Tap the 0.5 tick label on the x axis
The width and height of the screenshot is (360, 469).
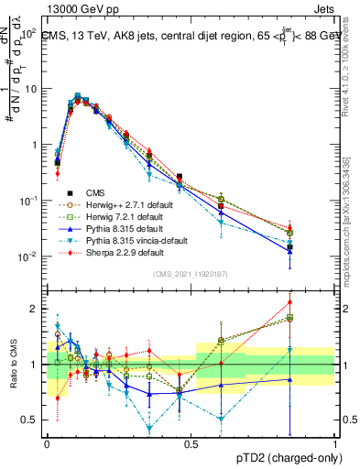coord(191,443)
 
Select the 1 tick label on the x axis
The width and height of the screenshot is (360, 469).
coord(336,443)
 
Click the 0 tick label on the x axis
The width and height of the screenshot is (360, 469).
coord(47,443)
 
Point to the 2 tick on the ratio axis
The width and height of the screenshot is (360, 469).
coord(36,309)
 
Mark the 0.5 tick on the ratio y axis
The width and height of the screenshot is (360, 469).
coord(31,420)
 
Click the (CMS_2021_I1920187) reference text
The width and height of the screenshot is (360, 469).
coord(191,272)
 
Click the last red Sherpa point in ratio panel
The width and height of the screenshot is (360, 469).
coord(315,301)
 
